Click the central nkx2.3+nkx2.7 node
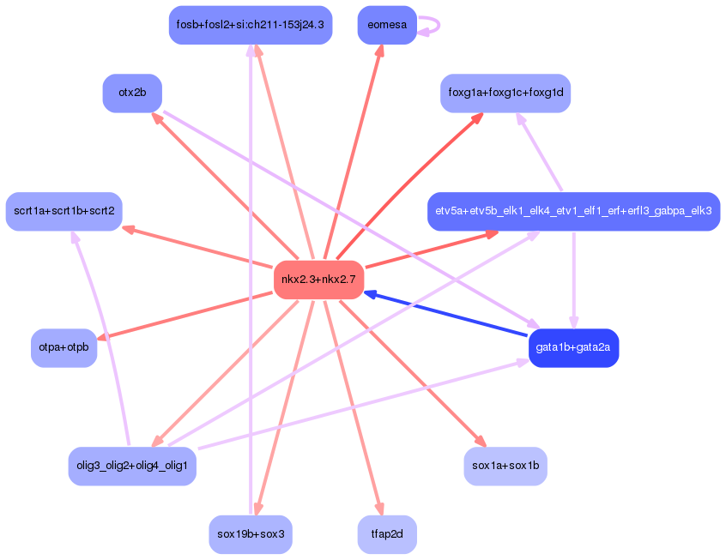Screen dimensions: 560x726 [318, 280]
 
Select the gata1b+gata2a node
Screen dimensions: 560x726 [573, 347]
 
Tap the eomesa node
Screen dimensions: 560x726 [386, 25]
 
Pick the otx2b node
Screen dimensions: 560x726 [132, 93]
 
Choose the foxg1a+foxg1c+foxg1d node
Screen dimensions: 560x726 [505, 93]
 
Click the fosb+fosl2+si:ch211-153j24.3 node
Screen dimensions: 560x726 [250, 25]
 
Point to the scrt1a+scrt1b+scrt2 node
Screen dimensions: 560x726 [64, 211]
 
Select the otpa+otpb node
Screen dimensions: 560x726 [64, 347]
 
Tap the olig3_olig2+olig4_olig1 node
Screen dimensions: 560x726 [132, 466]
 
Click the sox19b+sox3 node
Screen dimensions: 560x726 [250, 533]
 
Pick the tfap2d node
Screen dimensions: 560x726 [386, 533]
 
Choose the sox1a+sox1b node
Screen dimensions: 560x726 [505, 466]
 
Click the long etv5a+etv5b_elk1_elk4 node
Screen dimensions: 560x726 [573, 211]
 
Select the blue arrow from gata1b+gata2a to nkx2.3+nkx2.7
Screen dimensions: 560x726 [446, 315]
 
